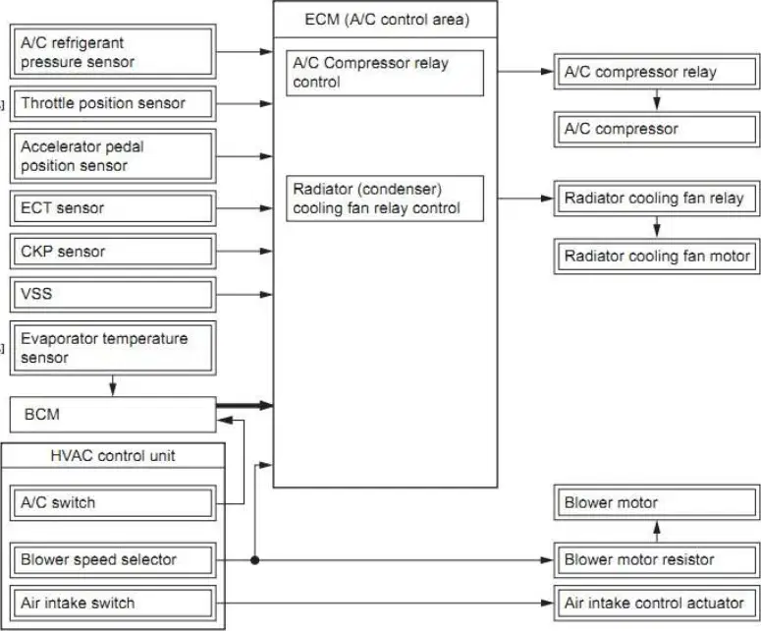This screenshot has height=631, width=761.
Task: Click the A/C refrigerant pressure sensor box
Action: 113,52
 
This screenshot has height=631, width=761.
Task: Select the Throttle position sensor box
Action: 113,103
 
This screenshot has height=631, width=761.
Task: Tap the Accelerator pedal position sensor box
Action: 113,156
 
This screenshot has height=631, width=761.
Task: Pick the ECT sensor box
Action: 113,208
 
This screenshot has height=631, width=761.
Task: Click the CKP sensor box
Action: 113,252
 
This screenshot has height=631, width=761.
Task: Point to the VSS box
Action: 113,295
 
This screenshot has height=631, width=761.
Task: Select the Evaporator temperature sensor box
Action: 113,347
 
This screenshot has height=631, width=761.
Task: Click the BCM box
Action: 113,415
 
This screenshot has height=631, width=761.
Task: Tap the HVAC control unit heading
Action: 113,456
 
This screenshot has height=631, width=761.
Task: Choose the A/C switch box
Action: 113,503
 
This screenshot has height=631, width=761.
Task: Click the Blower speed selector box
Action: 113,559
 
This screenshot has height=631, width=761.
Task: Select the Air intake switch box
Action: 113,602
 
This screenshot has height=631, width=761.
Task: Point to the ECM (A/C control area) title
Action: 387,20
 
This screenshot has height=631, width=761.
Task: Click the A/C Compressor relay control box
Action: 385,73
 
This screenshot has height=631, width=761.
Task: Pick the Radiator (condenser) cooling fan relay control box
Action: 385,199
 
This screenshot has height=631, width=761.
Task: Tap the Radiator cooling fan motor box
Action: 657,256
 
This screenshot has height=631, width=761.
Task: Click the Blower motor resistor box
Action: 657,559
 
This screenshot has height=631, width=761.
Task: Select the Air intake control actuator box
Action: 657,602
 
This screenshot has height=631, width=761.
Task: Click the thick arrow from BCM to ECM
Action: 245,405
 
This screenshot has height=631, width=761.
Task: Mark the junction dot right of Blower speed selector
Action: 254,560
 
